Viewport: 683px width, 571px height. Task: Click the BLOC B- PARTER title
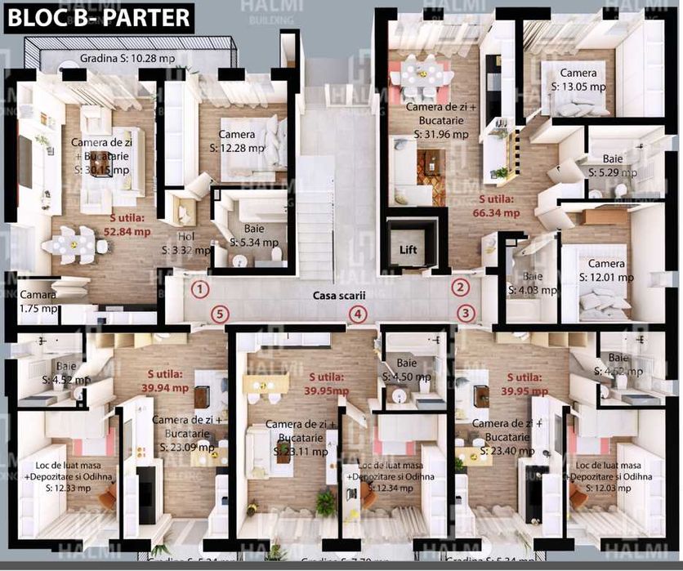pyautogui.click(x=100, y=16)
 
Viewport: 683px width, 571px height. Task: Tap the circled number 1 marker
pyautogui.click(x=199, y=288)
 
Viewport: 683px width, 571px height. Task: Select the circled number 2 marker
pyautogui.click(x=462, y=287)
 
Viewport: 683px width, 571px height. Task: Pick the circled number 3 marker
pyautogui.click(x=466, y=312)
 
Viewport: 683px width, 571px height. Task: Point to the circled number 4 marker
pyautogui.click(x=356, y=314)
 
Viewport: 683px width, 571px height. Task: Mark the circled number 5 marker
pyautogui.click(x=218, y=313)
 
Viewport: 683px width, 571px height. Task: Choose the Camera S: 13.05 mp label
pyautogui.click(x=578, y=79)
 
